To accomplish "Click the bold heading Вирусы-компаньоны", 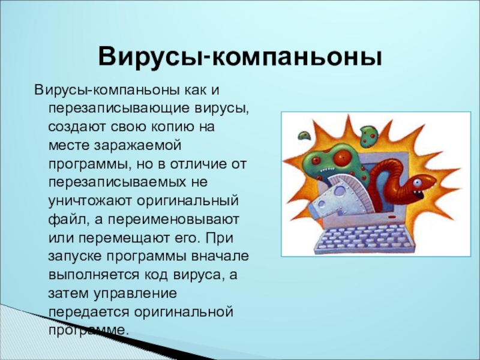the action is click(240, 56).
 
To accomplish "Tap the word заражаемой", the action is click(137, 146).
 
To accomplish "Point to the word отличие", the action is click(196, 164).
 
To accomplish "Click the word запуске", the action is click(75, 257).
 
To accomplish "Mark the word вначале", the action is click(220, 256).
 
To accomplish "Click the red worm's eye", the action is click(417, 183).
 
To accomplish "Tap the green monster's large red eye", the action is click(341, 157).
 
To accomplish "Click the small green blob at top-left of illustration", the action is click(304, 135).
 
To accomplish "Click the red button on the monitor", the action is click(392, 217).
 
